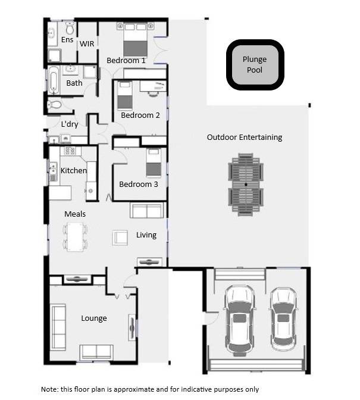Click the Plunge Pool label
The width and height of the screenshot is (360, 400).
pos(255,64)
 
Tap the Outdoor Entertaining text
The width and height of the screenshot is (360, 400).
pos(245,137)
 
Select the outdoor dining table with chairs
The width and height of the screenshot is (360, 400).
pos(246,185)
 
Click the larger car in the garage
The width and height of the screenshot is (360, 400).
pos(240,320)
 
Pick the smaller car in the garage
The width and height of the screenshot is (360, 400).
pos(283,320)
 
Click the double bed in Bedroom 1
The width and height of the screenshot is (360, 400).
pos(136,39)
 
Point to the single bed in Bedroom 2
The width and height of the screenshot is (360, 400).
pos(125,95)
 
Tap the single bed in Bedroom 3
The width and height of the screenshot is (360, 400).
pos(154,162)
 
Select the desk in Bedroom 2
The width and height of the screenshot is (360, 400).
pos(153,86)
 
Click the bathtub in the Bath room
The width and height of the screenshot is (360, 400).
pos(54,80)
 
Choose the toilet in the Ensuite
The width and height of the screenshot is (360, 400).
pos(70,28)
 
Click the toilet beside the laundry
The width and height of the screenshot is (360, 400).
pos(54,104)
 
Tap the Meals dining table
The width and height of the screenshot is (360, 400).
pos(75,237)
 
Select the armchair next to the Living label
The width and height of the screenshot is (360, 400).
pos(120,237)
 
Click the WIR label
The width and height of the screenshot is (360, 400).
pos(87,44)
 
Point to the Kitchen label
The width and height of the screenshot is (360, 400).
pos(74,170)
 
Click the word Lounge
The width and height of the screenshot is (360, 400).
pos(94,318)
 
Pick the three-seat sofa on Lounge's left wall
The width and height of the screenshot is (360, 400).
pos(59,327)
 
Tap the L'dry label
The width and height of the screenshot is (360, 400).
pos(70,124)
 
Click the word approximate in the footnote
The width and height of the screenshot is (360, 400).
pos(134,389)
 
